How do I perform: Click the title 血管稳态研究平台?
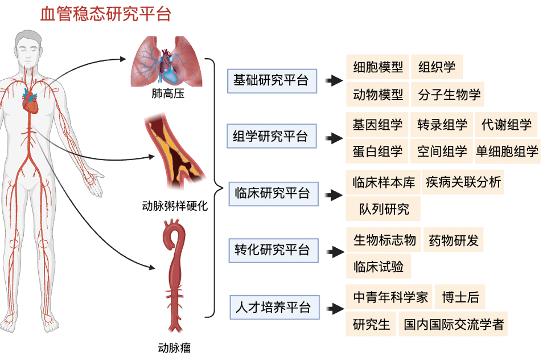click(106, 14)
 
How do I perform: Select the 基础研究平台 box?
click(271, 80)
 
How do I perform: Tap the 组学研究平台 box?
click(271, 136)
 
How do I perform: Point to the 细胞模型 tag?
click(378, 67)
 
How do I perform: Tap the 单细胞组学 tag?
click(507, 152)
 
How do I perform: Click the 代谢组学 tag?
click(507, 124)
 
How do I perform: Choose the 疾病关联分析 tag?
click(463, 182)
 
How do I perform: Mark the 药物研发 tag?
click(454, 240)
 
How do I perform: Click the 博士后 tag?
click(460, 297)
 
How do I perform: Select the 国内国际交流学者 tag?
click(454, 324)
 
